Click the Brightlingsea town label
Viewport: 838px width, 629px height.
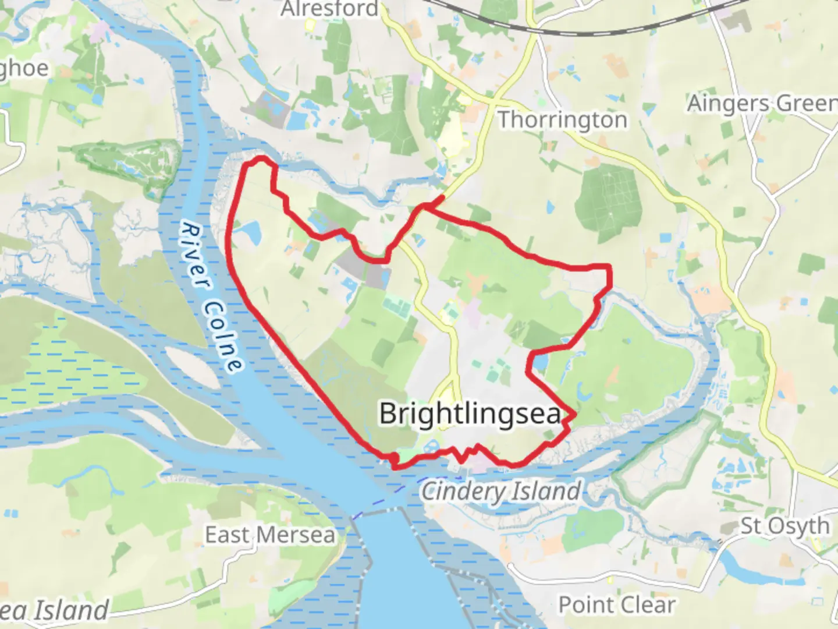tap(470, 414)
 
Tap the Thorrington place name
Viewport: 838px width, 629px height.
tap(563, 120)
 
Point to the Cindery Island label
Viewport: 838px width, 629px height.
tap(501, 491)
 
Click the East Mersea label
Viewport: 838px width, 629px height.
tap(270, 535)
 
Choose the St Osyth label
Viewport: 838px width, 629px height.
tap(784, 526)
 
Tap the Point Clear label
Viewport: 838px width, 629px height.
tap(617, 605)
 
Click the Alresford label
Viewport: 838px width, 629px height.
tap(329, 9)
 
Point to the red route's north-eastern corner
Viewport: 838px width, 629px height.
tap(609, 268)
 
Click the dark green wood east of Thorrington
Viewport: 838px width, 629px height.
tap(609, 201)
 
